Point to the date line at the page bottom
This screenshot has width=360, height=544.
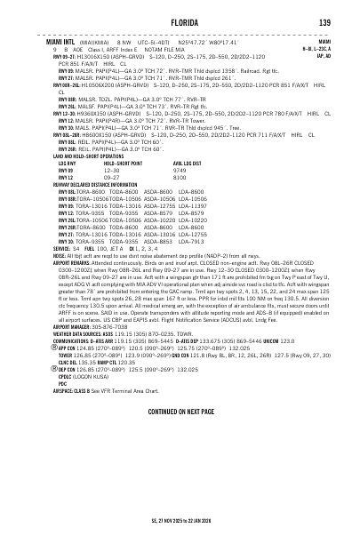coord(180,525)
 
